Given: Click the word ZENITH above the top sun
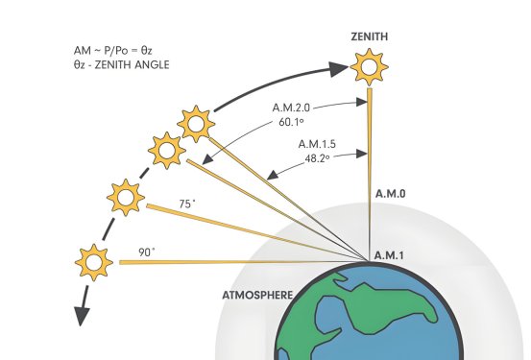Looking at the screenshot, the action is (x=370, y=36).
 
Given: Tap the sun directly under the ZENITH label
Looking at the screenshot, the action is (x=369, y=66).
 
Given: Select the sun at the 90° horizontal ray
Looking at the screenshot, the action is (x=94, y=262).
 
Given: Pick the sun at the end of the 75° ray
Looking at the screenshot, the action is (x=126, y=198).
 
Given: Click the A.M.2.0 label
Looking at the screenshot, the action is (x=291, y=108).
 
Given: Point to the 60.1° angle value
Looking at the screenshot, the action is (x=291, y=122).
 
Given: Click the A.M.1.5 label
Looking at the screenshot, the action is (x=317, y=144).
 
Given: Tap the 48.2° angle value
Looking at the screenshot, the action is (x=317, y=158).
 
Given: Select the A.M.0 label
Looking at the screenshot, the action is (x=391, y=194).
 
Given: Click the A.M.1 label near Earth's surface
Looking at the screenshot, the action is (x=389, y=255).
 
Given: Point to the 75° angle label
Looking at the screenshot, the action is (x=187, y=204).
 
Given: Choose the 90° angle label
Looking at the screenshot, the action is (x=147, y=252).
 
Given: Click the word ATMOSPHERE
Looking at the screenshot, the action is (x=257, y=296).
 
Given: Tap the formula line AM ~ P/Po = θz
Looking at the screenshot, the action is (x=112, y=51).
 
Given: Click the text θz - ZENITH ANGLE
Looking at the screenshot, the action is (x=121, y=64).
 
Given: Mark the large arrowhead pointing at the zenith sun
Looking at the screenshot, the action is (x=339, y=69).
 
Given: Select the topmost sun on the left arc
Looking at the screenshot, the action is (x=196, y=124).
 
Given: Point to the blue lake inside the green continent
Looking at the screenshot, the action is (x=330, y=315).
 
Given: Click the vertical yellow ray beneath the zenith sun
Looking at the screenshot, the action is (x=370, y=175).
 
